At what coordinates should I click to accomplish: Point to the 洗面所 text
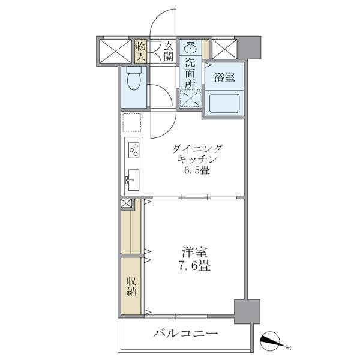(191, 72)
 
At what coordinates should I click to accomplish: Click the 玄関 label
(168, 52)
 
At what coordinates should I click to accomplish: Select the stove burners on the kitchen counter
(133, 149)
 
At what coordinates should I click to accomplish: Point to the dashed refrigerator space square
(133, 123)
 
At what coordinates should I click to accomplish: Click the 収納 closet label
(131, 286)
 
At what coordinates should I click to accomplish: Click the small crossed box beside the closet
(127, 203)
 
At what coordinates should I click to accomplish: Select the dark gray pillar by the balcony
(246, 311)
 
